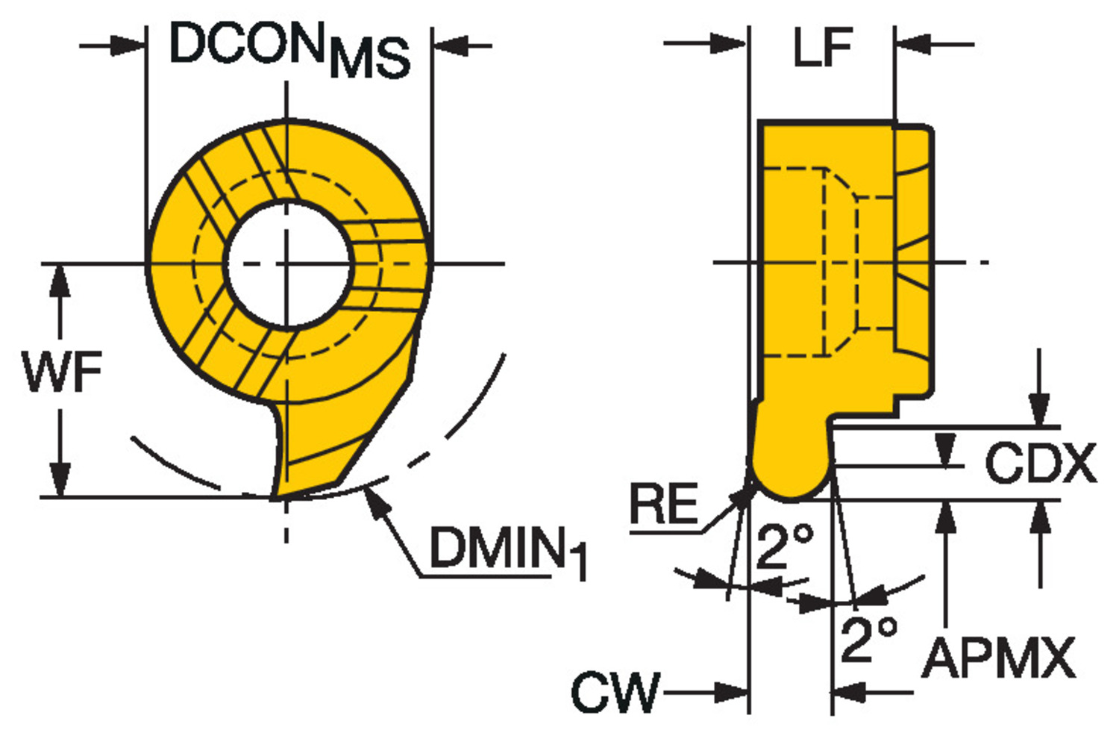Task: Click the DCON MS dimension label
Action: click(x=289, y=49)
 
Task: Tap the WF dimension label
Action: click(x=63, y=371)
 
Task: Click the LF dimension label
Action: click(x=822, y=48)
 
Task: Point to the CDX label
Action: click(x=1040, y=464)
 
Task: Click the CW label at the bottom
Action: click(x=616, y=692)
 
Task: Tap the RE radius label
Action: click(x=663, y=504)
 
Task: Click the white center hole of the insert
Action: click(x=288, y=263)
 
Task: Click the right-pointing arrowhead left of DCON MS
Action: click(x=127, y=46)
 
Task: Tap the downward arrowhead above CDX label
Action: click(x=1039, y=411)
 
